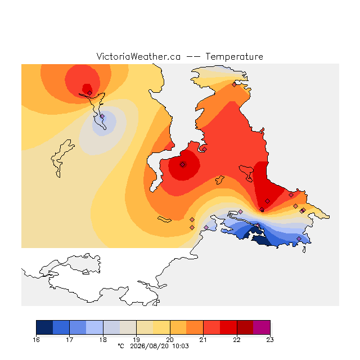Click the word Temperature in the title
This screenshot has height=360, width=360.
[x=234, y=56]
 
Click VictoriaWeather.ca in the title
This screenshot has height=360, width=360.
[x=138, y=56]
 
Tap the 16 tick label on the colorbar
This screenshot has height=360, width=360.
[x=36, y=340]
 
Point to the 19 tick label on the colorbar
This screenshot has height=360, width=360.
[x=136, y=340]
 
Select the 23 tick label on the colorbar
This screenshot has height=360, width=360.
[x=270, y=340]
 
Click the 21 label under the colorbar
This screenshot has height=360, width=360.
[x=203, y=340]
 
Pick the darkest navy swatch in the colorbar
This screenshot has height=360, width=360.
[x=44, y=327]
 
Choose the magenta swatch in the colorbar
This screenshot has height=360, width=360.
[x=262, y=327]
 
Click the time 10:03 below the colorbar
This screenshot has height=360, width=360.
[x=181, y=346]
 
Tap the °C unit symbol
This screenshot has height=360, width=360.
[x=121, y=346]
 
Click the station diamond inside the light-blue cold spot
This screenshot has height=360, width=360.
[x=102, y=116]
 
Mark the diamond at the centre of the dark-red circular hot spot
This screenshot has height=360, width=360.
[x=182, y=164]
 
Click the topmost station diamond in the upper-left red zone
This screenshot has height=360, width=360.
[x=90, y=93]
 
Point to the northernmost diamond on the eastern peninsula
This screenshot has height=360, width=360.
[x=234, y=84]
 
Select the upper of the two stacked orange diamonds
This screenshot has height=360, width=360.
[x=192, y=220]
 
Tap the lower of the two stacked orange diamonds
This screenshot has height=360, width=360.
[x=192, y=227]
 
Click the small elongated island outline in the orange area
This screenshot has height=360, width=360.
[x=164, y=219]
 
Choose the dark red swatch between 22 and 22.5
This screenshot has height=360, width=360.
[x=245, y=327]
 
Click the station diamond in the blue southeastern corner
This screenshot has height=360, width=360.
[x=299, y=238]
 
